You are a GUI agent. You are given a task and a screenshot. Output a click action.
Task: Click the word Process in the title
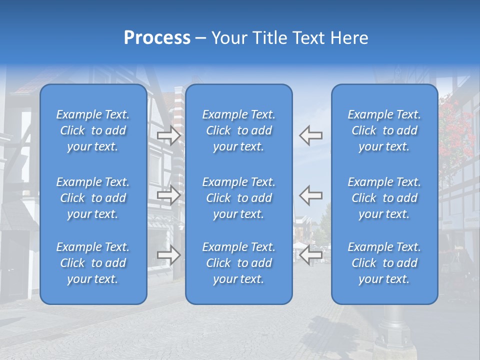[157, 38]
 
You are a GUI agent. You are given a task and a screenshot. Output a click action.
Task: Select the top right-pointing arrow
[168, 135]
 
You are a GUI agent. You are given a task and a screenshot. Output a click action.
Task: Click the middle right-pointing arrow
[168, 194]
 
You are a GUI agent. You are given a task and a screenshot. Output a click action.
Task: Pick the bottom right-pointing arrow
[168, 255]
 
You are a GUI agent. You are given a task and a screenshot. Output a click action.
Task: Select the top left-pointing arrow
[311, 135]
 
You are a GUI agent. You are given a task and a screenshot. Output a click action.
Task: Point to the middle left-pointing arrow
[311, 194]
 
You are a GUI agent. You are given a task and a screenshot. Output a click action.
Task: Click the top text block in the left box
[93, 130]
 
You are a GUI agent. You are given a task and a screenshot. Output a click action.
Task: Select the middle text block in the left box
[93, 198]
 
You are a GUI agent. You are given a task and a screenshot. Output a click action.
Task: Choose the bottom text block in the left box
[93, 263]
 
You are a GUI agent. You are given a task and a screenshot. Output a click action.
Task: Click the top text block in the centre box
[238, 130]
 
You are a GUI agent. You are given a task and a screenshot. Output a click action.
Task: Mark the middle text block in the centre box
[238, 198]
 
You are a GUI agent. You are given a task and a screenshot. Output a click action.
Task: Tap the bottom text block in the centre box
[238, 263]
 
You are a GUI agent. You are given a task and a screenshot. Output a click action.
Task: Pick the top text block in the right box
[384, 130]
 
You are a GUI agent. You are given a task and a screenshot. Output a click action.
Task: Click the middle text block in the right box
[384, 198]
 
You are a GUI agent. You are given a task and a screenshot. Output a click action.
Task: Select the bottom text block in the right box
[384, 263]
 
